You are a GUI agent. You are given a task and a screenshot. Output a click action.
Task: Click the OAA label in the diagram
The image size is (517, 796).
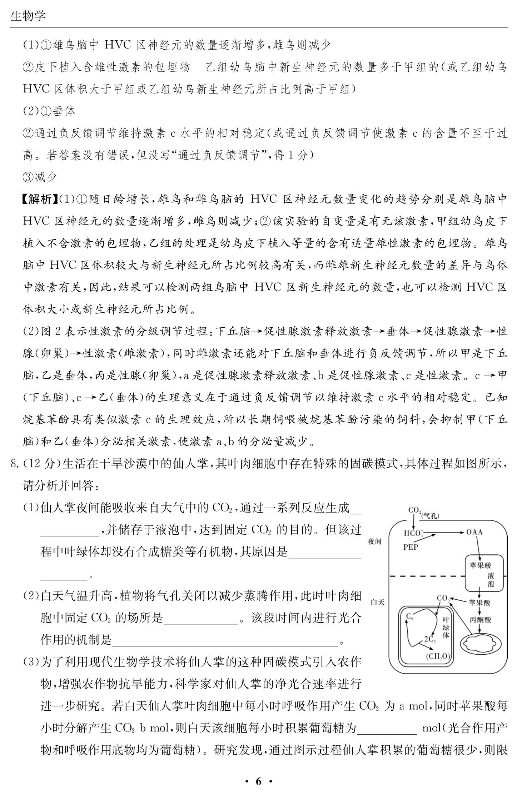pyautogui.click(x=474, y=532)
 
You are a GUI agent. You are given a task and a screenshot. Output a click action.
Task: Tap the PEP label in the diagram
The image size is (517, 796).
pyautogui.click(x=411, y=547)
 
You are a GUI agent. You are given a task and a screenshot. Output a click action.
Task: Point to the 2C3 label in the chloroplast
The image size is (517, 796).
pyautogui.click(x=430, y=639)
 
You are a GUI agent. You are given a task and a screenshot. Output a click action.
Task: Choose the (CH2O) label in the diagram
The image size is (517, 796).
pyautogui.click(x=438, y=656)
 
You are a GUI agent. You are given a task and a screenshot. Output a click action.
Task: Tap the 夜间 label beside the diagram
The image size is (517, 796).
pyautogui.click(x=374, y=541)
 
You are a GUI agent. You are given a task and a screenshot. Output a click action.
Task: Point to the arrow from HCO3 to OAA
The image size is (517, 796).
pyautogui.click(x=450, y=532)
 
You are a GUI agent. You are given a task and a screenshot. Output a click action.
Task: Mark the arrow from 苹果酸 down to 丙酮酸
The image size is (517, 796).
pyautogui.click(x=479, y=611)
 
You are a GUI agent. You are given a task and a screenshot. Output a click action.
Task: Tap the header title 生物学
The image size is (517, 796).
pyautogui.click(x=28, y=16)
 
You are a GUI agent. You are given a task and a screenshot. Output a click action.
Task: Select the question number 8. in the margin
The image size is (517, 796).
pyautogui.click(x=15, y=464)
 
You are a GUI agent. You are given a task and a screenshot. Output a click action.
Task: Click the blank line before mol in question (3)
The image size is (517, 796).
pyautogui.click(x=387, y=727)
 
